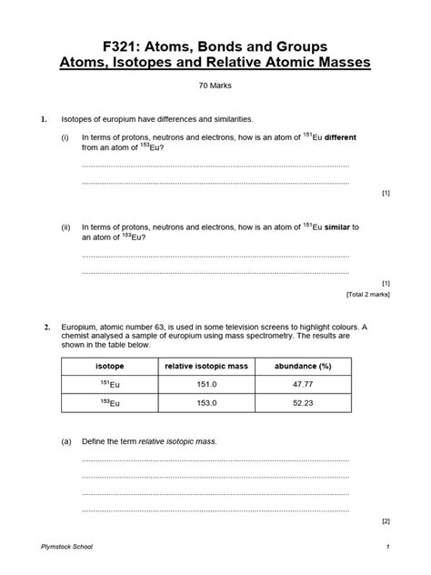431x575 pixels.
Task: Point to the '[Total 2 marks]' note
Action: tap(368, 295)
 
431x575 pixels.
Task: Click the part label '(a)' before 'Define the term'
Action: tap(65, 441)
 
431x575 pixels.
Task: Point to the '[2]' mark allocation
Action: tap(386, 521)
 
